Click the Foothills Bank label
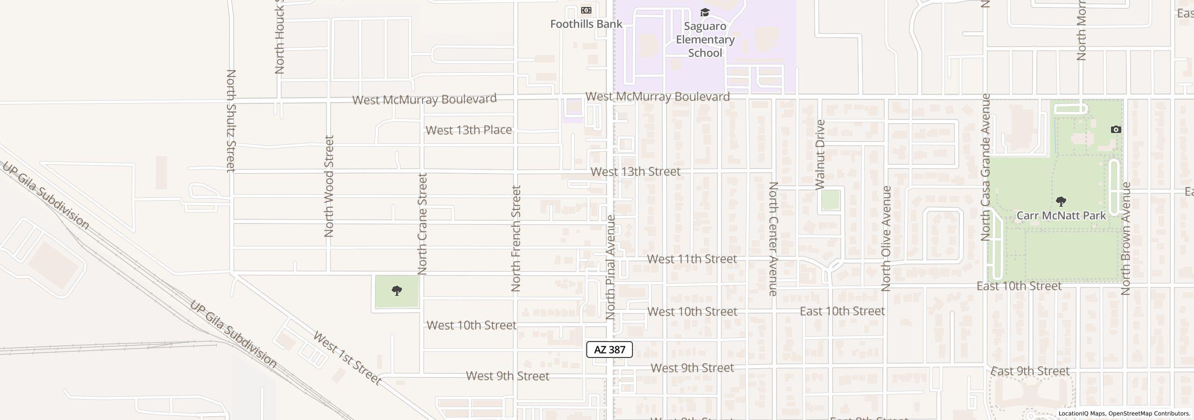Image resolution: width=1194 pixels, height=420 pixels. pos(586,24)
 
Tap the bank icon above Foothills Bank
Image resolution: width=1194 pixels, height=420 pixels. pos(586,10)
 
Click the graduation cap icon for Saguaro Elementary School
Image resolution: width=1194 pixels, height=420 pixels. pos(705,12)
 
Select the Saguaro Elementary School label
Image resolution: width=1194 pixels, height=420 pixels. pos(705,40)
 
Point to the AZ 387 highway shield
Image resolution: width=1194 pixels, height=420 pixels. pos(609,350)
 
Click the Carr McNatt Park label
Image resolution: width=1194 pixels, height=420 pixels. pos(1061,216)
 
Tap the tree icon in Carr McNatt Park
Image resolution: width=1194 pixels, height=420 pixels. pos(1061,202)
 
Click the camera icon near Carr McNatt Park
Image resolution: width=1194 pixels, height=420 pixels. pos(1116,129)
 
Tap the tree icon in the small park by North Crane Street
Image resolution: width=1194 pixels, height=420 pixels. pos(397,291)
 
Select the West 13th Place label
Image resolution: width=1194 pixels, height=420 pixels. pos(468,130)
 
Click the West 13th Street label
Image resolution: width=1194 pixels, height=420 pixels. pos(635,172)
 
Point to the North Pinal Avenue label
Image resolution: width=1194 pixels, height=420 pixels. pos(611,267)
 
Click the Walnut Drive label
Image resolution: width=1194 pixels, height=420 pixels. pos(820,154)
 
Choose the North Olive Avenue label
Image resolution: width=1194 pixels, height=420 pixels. pos(886,238)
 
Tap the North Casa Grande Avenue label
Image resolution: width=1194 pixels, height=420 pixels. pos(985,167)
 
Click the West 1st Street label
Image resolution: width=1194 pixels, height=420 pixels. pos(347,358)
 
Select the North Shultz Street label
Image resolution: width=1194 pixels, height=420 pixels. pos(231,120)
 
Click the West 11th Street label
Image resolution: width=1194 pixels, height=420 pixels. pos(692,259)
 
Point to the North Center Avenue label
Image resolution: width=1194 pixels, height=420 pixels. pos(773,238)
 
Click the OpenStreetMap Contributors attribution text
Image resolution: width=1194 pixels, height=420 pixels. pos(1149,413)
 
